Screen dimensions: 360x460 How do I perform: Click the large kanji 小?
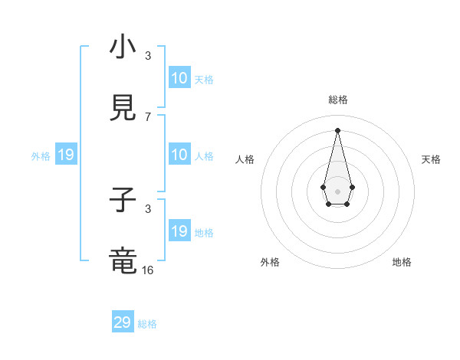tap(123, 48)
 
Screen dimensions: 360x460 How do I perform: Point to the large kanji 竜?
tap(123, 261)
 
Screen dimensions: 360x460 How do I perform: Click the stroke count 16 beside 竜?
tap(148, 270)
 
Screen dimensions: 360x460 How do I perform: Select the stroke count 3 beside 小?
tap(148, 56)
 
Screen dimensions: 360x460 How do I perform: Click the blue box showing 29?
tap(123, 322)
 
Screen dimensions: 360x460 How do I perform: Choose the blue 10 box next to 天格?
tap(179, 78)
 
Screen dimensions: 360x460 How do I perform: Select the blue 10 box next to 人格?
tap(179, 155)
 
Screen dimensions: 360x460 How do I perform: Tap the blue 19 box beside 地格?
tap(179, 231)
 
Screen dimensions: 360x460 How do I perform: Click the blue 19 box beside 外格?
tap(66, 155)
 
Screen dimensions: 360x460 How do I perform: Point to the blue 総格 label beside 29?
tap(147, 324)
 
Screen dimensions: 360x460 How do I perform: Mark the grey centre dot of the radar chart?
tap(337, 191)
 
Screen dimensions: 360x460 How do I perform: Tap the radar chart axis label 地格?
tap(402, 262)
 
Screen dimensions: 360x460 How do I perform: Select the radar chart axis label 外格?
tap(270, 262)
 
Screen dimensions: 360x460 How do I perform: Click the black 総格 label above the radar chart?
tap(337, 100)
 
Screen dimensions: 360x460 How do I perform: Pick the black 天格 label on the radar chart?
tap(431, 159)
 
